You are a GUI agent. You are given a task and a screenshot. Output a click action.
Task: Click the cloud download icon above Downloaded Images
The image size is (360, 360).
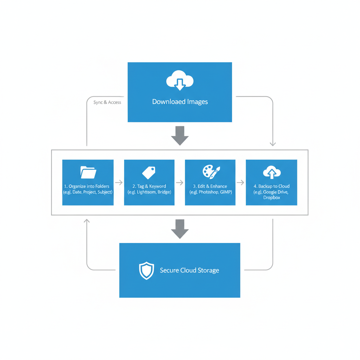pyautogui.click(x=180, y=81)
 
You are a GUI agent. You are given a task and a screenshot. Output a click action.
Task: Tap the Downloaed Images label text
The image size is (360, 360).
pyautogui.click(x=180, y=102)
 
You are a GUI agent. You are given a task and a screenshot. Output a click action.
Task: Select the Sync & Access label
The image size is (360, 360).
pyautogui.click(x=107, y=102)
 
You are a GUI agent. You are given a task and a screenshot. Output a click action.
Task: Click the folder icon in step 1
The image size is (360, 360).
pyautogui.click(x=88, y=172)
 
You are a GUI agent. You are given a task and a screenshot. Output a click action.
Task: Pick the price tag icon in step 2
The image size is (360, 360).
pyautogui.click(x=149, y=172)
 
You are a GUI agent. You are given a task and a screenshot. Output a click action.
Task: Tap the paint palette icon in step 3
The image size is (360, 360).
pyautogui.click(x=211, y=172)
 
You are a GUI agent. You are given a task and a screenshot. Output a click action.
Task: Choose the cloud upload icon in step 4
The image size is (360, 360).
pyautogui.click(x=272, y=172)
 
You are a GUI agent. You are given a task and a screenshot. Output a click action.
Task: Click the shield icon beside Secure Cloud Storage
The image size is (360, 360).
pyautogui.click(x=147, y=270)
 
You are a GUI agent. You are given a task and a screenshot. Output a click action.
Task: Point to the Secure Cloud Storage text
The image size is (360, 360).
pyautogui.click(x=189, y=270)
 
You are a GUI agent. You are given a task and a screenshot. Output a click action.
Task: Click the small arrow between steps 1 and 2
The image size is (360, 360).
pyautogui.click(x=119, y=182)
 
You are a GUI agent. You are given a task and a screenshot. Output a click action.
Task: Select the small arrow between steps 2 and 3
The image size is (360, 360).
pyautogui.click(x=180, y=182)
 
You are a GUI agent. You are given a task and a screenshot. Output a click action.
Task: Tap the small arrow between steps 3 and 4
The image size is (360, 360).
pyautogui.click(x=240, y=182)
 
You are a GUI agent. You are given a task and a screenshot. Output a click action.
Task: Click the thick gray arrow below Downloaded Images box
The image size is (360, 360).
pyautogui.click(x=180, y=135)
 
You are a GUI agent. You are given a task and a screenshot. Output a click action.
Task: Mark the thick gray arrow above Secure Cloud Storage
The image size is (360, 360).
pyautogui.click(x=180, y=229)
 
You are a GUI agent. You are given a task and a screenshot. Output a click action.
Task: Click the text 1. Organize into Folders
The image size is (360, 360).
pyautogui.click(x=86, y=186)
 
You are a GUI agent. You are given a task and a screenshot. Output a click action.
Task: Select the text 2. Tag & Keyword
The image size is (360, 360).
pyautogui.click(x=149, y=186)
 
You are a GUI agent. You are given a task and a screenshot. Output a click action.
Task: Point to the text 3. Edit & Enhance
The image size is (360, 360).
pyautogui.click(x=210, y=186)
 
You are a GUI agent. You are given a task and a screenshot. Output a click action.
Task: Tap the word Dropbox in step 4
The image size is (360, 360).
pyautogui.click(x=271, y=198)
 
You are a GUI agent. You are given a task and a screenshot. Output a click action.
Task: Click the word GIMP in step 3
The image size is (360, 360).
pyautogui.click(x=226, y=192)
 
